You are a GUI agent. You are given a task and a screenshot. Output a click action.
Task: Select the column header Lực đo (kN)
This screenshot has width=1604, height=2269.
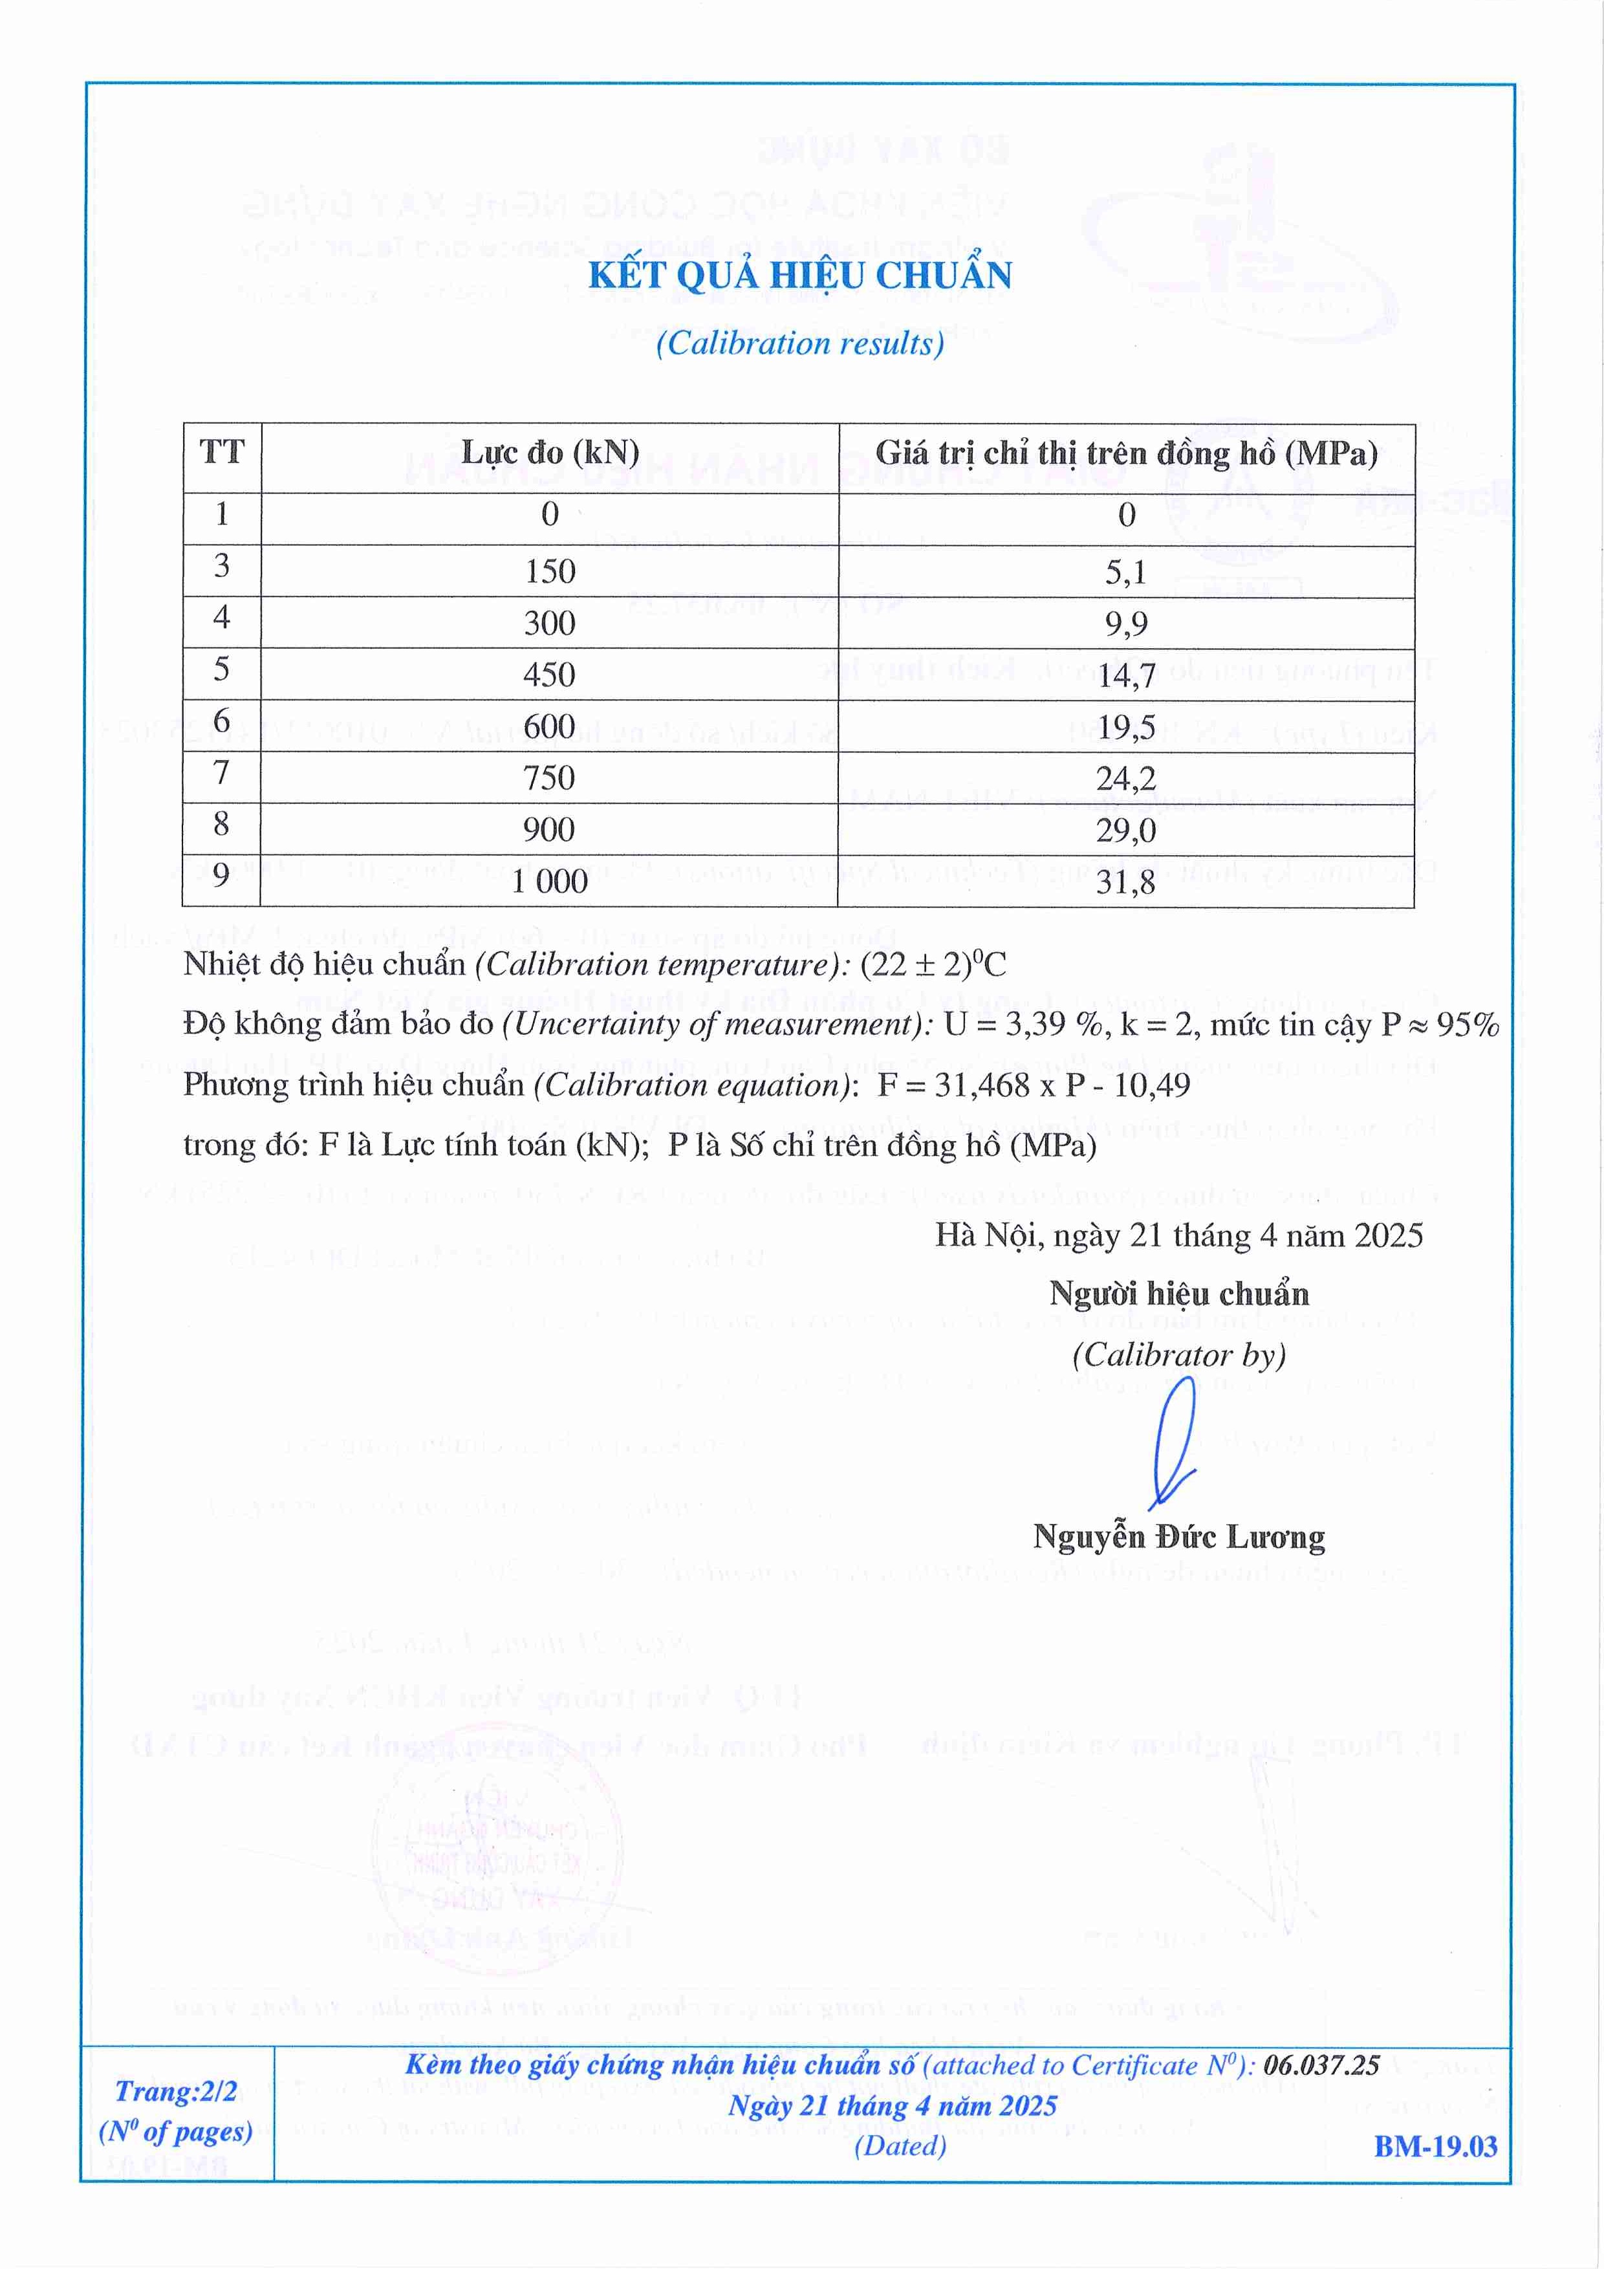pyautogui.click(x=550, y=453)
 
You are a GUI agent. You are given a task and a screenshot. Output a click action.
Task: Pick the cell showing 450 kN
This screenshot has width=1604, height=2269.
pyautogui.click(x=550, y=675)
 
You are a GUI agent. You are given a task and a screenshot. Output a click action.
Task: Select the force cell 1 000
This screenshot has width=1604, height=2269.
pyautogui.click(x=550, y=882)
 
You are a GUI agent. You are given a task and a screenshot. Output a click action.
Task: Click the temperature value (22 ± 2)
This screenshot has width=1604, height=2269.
pyautogui.click(x=906, y=964)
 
